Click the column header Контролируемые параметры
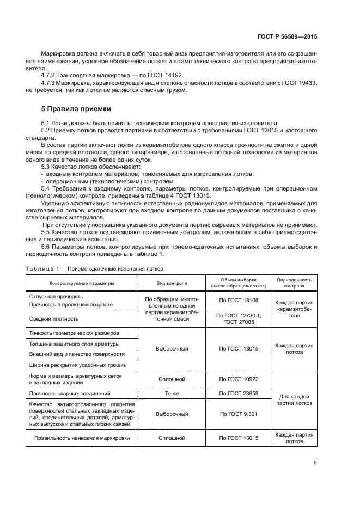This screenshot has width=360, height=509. click(82, 283)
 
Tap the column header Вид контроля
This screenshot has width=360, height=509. click(172, 283)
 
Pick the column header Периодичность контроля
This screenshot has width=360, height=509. click(294, 281)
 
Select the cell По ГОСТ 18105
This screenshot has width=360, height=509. click(238, 300)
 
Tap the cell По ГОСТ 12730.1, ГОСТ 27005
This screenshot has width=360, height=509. click(238, 318)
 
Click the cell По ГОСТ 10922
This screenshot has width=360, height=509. click(238, 379)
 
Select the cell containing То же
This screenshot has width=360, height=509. click(172, 393)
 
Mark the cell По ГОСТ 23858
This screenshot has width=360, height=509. click(238, 393)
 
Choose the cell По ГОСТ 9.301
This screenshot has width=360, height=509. click(238, 414)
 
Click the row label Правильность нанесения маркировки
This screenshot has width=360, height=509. click(82, 438)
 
